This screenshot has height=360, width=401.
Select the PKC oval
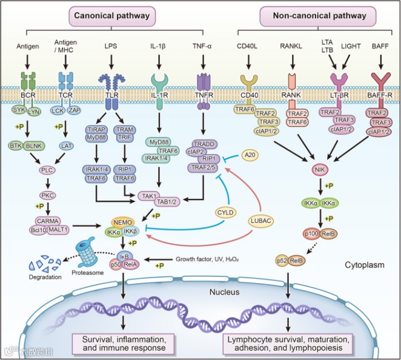(x=48, y=195)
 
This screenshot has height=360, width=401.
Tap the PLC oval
(x=48, y=170)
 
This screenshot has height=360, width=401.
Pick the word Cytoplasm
(x=362, y=265)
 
